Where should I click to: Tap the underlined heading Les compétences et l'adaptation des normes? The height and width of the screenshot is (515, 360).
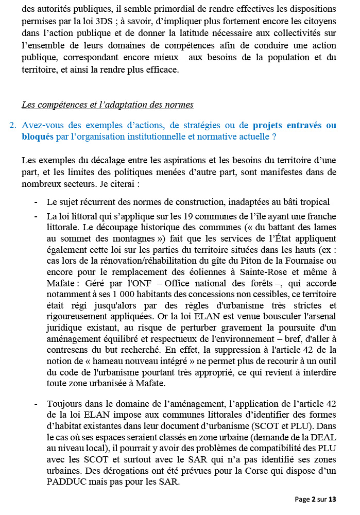click(x=108, y=105)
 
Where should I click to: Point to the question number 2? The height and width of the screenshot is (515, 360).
click(x=13, y=125)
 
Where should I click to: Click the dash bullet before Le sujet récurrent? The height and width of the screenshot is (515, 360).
click(x=36, y=202)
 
